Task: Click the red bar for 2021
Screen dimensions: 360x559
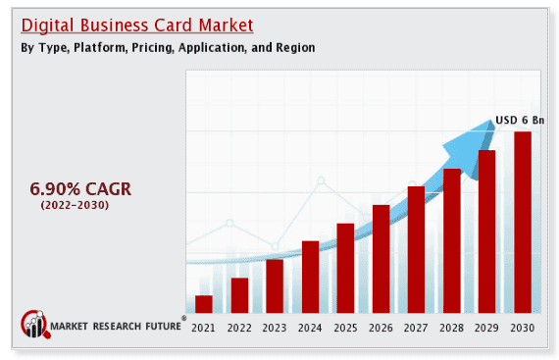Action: coord(204,303)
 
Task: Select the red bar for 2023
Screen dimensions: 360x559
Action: coord(275,285)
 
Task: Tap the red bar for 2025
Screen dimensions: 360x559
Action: coord(345,268)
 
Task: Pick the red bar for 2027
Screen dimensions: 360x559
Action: coord(416,249)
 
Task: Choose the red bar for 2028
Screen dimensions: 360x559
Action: coord(451,240)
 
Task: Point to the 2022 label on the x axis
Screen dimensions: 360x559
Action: coord(239,328)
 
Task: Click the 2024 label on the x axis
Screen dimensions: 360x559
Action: coord(310,328)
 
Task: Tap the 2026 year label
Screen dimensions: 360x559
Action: coord(381,328)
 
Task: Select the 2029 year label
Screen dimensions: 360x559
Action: coord(486,328)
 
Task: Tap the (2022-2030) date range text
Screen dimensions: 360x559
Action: coord(75,205)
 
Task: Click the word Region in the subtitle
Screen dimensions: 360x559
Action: coord(293,48)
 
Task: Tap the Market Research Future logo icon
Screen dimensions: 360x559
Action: coord(35,325)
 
